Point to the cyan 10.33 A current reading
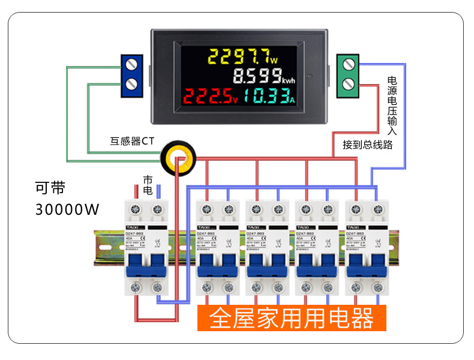pyautogui.click(x=270, y=96)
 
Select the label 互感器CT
pyautogui.click(x=132, y=142)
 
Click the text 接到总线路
pyautogui.click(x=367, y=145)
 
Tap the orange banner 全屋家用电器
pyautogui.click(x=292, y=318)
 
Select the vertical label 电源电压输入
pyautogui.click(x=392, y=106)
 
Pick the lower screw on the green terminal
pyautogui.click(x=348, y=85)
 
